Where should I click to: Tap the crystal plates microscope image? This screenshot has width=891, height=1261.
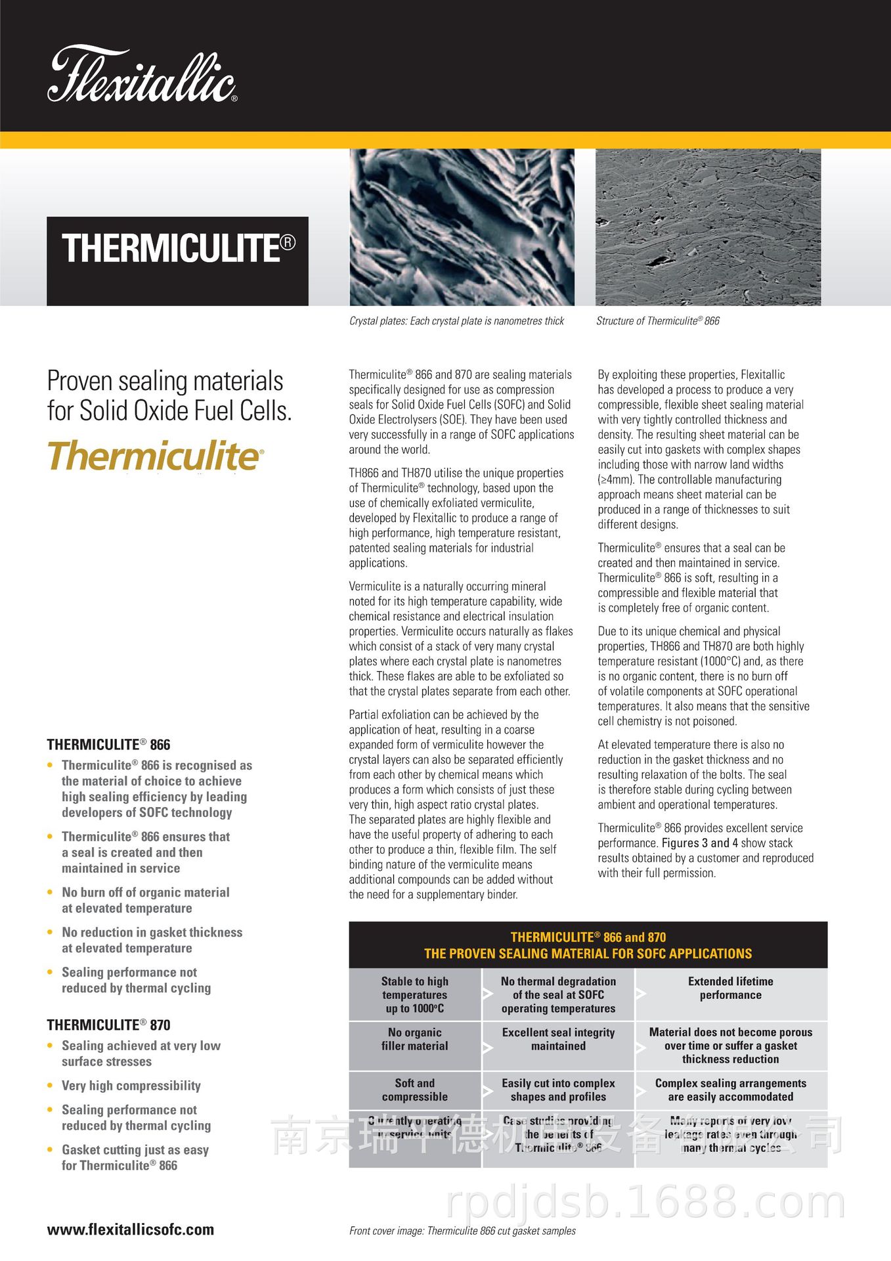tap(462, 227)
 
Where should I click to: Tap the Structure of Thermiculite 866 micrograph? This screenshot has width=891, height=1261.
tap(708, 227)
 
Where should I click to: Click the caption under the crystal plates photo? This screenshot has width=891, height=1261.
tap(456, 321)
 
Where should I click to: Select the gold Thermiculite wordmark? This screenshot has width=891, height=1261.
tap(155, 456)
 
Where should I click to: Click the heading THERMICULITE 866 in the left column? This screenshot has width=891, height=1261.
tap(108, 745)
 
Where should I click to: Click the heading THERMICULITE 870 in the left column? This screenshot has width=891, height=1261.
tap(108, 1025)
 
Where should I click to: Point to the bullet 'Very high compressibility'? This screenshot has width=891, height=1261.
tap(131, 1086)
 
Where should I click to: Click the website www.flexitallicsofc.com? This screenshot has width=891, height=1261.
tap(130, 1229)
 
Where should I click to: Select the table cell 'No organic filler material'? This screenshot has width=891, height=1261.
tap(414, 1039)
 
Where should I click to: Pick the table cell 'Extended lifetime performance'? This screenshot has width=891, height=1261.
tap(730, 988)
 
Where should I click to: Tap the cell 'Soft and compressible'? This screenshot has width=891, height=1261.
tap(414, 1090)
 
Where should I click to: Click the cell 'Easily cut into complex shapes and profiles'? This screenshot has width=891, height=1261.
tap(558, 1090)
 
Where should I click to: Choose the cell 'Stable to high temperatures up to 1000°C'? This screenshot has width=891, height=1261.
tap(414, 994)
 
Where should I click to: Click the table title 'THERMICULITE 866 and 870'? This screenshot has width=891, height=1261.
tap(588, 937)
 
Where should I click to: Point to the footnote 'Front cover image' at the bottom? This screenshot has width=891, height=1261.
tap(462, 1231)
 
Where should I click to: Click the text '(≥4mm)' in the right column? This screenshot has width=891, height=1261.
tap(616, 479)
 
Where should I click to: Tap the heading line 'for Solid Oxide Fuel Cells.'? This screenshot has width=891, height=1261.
tap(169, 411)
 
